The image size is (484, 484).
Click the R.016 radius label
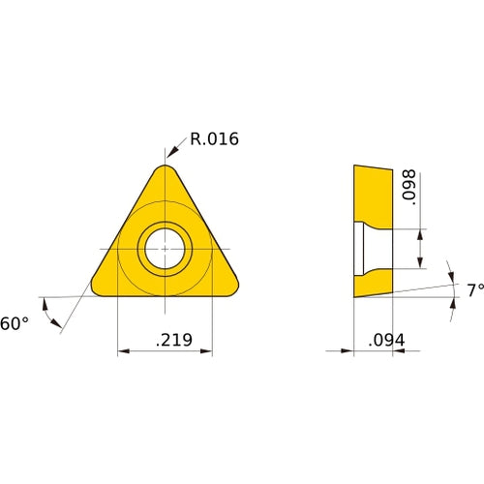214,139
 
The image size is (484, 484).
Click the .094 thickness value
386,340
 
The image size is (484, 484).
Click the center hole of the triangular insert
164,249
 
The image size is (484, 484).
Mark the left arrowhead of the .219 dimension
121,351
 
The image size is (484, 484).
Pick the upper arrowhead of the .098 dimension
419,233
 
